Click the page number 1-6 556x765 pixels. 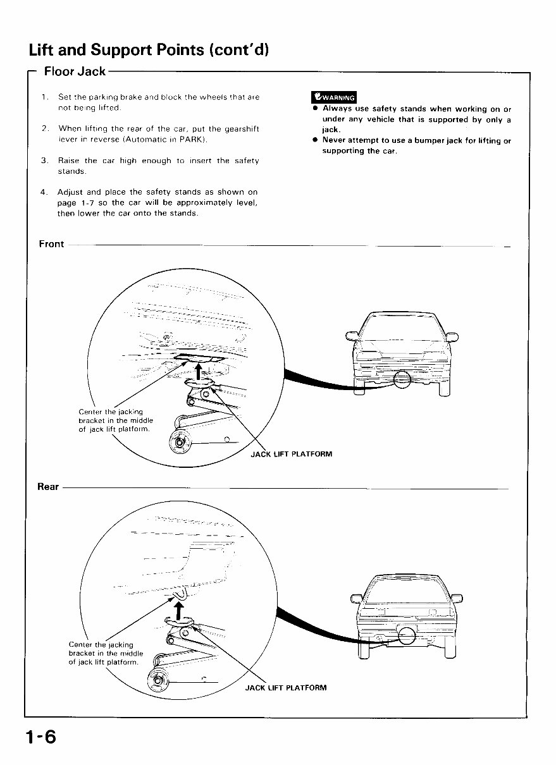(x=41, y=737)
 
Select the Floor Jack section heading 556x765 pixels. (x=75, y=71)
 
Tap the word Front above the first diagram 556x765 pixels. (x=51, y=244)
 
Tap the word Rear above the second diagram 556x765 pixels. (x=48, y=487)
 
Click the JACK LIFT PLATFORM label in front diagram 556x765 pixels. (x=292, y=454)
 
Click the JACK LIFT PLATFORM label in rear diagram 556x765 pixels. (x=286, y=688)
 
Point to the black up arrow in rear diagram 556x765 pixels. (x=179, y=609)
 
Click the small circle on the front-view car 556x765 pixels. (x=402, y=379)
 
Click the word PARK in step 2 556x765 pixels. (x=193, y=139)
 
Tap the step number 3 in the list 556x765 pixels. (x=44, y=161)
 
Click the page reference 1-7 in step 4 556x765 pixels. (x=85, y=202)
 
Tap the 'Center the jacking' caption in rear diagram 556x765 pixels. (x=101, y=645)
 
